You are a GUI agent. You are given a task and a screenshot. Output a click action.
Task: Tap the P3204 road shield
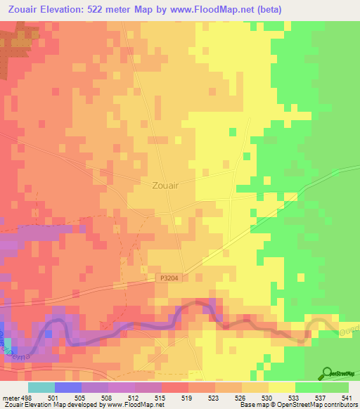pos(165,279)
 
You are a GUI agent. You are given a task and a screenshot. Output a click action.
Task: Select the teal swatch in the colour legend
pos(41,387)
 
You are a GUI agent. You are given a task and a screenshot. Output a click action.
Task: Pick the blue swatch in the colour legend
pos(67,387)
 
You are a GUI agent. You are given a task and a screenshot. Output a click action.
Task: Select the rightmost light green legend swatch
pos(335,387)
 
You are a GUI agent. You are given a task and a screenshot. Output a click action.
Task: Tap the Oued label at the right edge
pos(350,330)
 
